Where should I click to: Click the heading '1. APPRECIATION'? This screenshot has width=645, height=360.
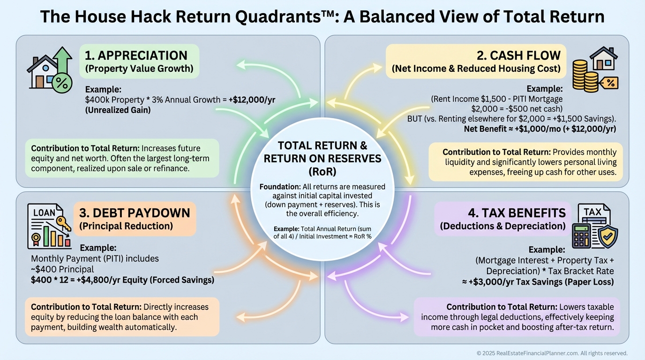[x=136, y=55]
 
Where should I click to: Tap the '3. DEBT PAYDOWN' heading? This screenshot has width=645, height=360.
[x=135, y=213]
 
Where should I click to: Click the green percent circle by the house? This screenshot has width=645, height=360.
[x=61, y=84]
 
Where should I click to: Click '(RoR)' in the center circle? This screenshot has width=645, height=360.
[x=322, y=171]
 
